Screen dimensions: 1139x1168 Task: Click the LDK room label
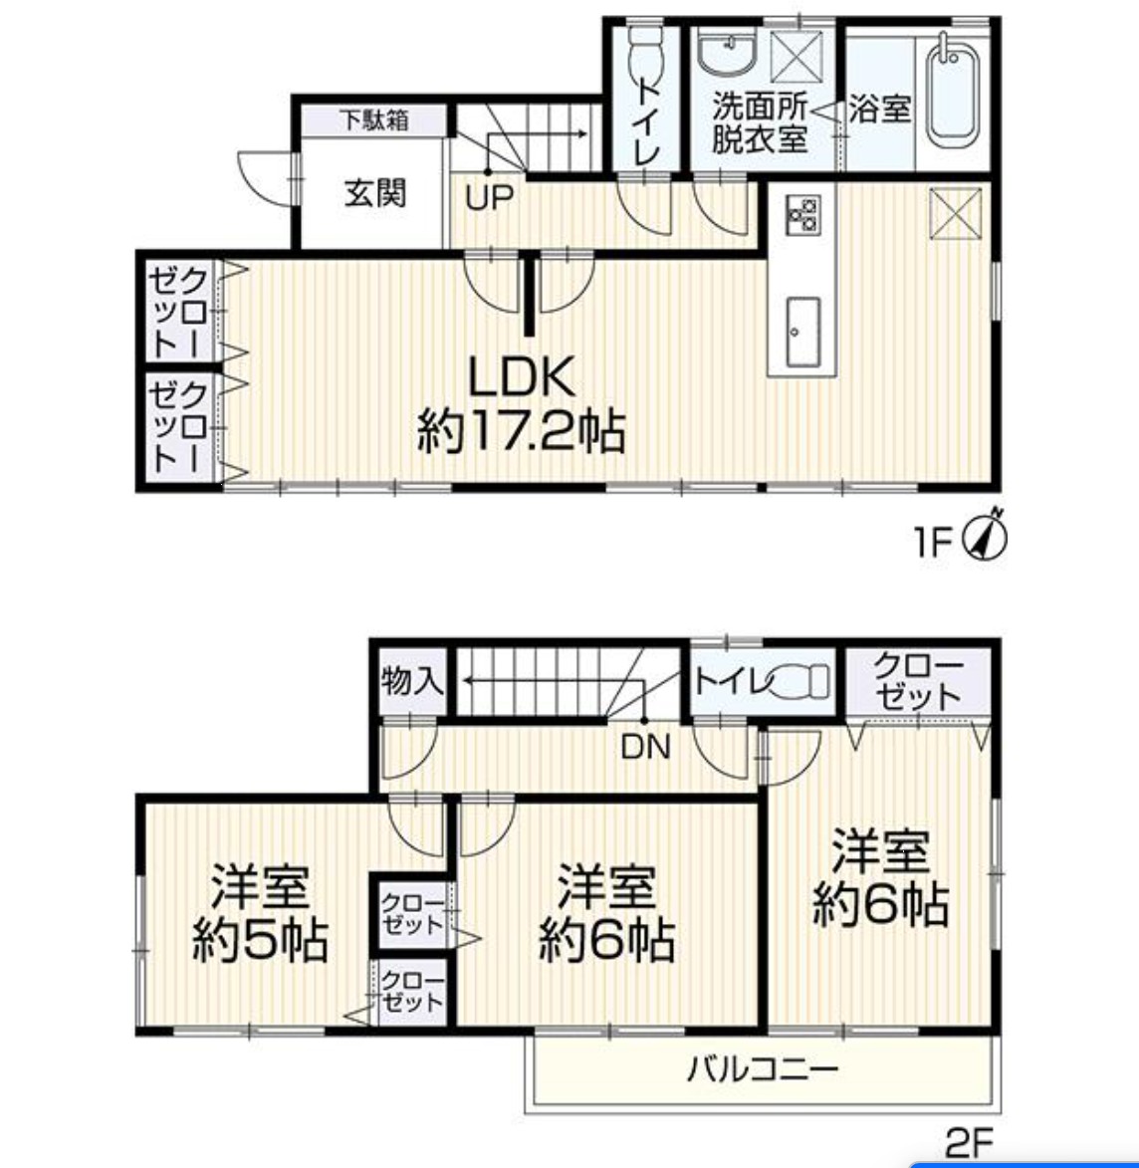[521, 377]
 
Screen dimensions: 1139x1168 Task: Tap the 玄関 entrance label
[375, 193]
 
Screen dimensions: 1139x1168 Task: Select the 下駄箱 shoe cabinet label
[374, 119]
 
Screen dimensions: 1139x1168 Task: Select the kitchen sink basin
[801, 333]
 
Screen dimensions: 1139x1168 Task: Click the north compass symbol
[987, 534]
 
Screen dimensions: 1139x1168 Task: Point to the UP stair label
[490, 197]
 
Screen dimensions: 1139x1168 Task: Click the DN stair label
[646, 747]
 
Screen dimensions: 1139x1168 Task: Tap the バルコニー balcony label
[762, 1069]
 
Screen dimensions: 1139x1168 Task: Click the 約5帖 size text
[260, 941]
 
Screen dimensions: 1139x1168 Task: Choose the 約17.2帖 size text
[521, 430]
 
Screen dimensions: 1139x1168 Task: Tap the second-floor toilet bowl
[800, 681]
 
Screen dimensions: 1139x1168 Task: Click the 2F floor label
[969, 1142]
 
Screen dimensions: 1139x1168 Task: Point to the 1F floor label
[933, 542]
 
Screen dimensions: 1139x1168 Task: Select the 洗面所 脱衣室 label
[759, 122]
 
